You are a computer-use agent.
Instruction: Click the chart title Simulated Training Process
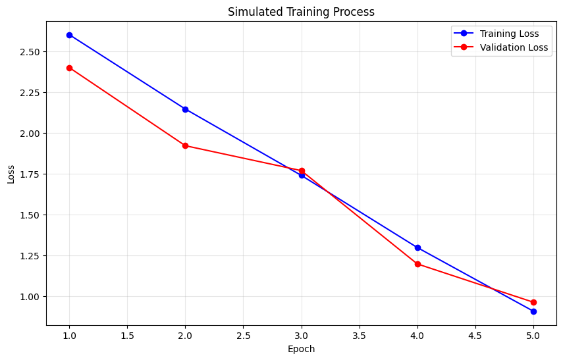click(x=301, y=11)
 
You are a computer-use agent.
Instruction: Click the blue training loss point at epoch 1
click(x=69, y=35)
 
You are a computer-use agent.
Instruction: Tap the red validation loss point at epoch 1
click(x=69, y=68)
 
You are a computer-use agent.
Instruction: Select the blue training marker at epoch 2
click(x=185, y=109)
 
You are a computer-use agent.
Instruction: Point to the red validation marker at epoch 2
click(x=185, y=145)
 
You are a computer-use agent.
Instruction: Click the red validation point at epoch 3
click(x=302, y=170)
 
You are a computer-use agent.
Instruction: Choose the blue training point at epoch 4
click(x=417, y=247)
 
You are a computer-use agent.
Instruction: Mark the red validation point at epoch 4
click(x=417, y=264)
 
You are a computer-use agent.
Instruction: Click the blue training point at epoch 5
click(x=533, y=311)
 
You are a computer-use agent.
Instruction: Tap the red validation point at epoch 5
click(x=533, y=302)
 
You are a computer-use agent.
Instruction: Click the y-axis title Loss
click(x=11, y=174)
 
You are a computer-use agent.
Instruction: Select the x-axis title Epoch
click(x=301, y=349)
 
